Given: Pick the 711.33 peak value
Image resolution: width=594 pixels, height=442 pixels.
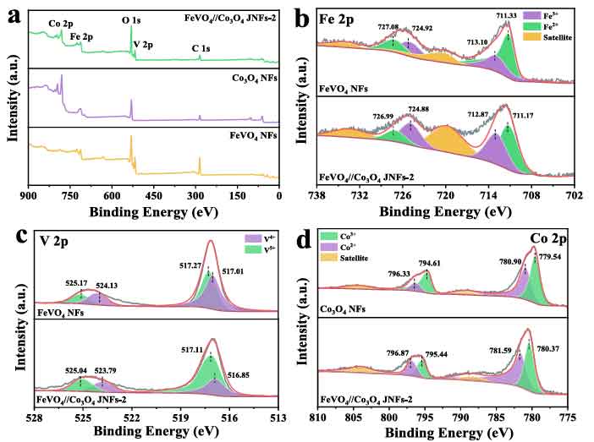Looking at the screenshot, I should [x=507, y=14].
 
